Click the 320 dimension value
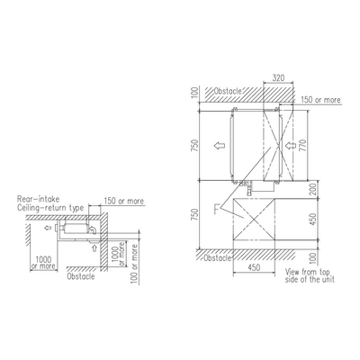[278, 78]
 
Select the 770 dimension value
[303, 145]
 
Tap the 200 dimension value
[313, 189]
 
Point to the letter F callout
[217, 209]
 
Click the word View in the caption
[292, 272]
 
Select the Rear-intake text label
[39, 199]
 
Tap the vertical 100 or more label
[135, 264]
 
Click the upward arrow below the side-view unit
[94, 247]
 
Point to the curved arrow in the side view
[94, 229]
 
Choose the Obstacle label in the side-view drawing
[81, 276]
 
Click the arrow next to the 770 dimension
[290, 146]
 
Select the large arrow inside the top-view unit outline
[220, 146]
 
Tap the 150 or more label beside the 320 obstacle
[320, 100]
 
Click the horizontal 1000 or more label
[44, 263]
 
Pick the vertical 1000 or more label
[119, 254]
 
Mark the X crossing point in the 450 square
[254, 220]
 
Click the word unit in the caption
[328, 279]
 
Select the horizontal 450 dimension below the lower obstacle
[254, 267]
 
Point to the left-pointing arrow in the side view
[48, 229]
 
